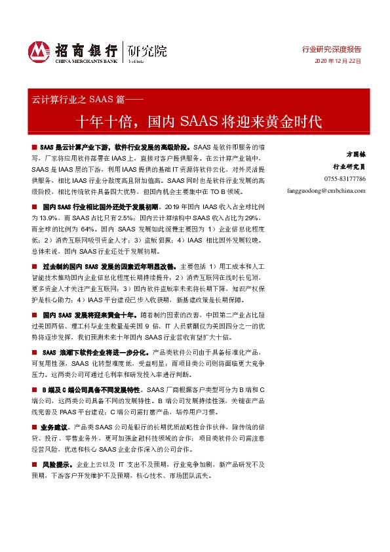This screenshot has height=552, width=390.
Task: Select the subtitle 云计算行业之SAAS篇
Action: (x=82, y=100)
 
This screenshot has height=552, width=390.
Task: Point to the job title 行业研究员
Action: (x=349, y=167)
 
